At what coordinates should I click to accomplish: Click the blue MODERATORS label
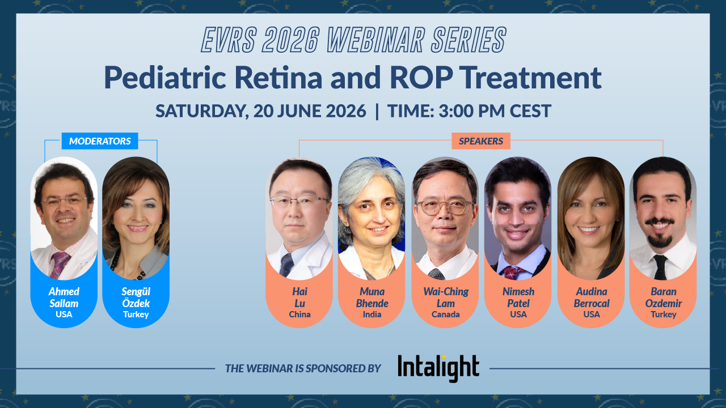[x=100, y=141]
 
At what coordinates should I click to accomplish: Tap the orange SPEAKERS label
[x=481, y=141]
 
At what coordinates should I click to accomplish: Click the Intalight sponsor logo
[x=438, y=368]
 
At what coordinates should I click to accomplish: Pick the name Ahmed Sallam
[x=64, y=297]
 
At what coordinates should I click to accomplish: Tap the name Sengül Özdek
[x=136, y=297]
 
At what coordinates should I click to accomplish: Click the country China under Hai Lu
[x=299, y=314]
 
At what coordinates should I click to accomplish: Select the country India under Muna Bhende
[x=372, y=314]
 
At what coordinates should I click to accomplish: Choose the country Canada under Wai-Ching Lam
[x=445, y=314]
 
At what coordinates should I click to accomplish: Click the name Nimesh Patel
[x=518, y=297]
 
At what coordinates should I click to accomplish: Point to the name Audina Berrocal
[x=592, y=297]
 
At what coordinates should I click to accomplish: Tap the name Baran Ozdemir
[x=664, y=297]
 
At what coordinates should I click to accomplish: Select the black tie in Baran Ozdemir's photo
[x=660, y=267]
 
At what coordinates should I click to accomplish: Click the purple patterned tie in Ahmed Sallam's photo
[x=60, y=265]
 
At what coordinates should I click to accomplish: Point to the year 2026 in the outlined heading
[x=291, y=40]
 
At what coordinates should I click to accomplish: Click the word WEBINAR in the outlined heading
[x=375, y=40]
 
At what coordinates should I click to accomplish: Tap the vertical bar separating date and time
[x=377, y=112]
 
